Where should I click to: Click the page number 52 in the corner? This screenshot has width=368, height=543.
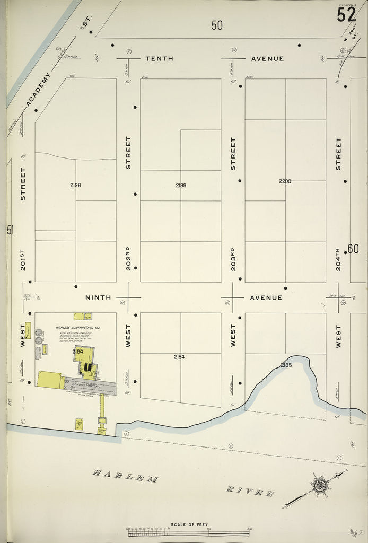click(x=346, y=14)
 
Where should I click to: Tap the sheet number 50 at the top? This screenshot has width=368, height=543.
click(x=216, y=25)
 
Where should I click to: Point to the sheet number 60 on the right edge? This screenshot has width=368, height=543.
click(x=353, y=249)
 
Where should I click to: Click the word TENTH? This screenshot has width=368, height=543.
click(x=159, y=58)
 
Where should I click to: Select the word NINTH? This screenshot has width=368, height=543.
click(x=99, y=297)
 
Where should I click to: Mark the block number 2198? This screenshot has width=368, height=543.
click(x=75, y=186)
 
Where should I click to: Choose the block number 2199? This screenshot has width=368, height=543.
click(x=181, y=186)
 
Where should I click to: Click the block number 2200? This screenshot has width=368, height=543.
click(x=285, y=181)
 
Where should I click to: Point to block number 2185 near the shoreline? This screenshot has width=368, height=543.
click(x=286, y=365)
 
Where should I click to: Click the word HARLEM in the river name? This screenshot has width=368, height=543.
click(x=126, y=476)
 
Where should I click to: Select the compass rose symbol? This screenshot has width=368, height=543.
click(x=320, y=484)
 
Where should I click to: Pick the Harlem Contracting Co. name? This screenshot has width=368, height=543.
click(x=78, y=328)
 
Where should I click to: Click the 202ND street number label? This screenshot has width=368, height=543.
click(x=128, y=258)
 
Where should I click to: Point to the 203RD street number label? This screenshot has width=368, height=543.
click(x=233, y=258)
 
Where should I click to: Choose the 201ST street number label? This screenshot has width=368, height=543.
click(x=23, y=258)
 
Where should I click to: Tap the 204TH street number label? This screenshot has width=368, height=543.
click(x=338, y=258)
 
